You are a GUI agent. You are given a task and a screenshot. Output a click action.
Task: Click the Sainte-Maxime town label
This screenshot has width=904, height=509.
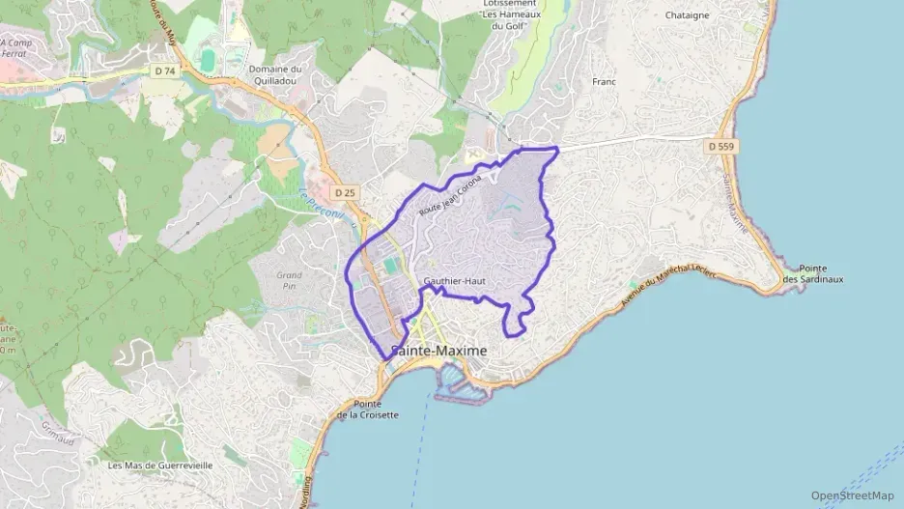click(438, 351)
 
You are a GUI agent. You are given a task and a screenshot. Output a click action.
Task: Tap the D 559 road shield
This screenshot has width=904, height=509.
click(720, 147)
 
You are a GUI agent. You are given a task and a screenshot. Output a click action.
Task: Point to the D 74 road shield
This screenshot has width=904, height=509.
click(165, 71)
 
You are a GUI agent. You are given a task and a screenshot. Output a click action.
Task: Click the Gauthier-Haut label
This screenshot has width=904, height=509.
click(453, 281)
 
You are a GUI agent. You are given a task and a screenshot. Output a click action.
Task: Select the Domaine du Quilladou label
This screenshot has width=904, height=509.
click(275, 75)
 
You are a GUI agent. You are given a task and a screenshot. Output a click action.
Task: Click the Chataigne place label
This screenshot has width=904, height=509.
click(688, 15)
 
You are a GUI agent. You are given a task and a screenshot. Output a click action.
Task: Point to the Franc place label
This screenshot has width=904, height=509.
click(604, 82)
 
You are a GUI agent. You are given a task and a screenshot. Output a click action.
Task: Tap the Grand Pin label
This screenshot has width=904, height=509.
click(289, 280)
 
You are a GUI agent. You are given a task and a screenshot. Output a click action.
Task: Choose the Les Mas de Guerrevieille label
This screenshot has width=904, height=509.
click(160, 465)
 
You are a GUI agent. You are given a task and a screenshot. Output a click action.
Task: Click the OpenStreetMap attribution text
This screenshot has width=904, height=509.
click(852, 495)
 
